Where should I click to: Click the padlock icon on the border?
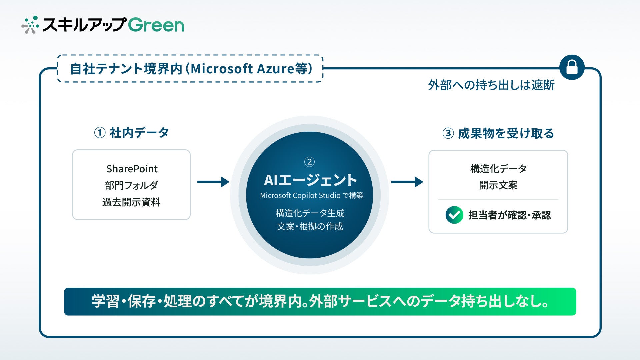572,67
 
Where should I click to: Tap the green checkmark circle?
454,215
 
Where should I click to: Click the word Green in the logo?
156,25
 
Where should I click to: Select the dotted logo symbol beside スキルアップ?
30,25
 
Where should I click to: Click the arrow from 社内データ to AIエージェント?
213,182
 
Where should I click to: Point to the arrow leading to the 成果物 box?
407,182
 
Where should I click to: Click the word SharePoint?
132,169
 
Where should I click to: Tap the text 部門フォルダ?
131,185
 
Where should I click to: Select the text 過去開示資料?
131,202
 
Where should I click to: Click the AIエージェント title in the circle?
310,180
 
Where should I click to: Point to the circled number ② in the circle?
309,162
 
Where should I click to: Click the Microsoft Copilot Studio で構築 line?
311,195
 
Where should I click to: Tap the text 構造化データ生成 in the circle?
310,213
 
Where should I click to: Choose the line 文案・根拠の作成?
310,227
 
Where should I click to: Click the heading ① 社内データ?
131,133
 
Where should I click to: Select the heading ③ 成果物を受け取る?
498,133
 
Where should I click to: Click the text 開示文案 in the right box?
498,185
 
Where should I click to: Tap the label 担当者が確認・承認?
510,215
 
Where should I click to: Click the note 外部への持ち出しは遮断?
491,85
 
